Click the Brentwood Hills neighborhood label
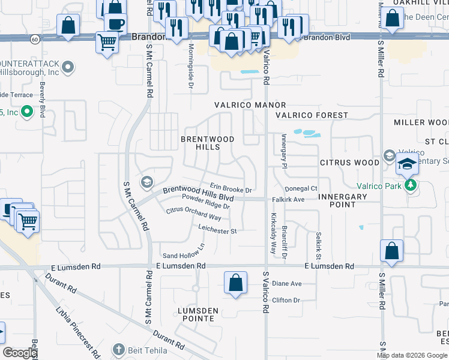(208, 143)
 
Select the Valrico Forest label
(312, 115)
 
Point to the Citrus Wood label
(349, 163)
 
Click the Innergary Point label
(342, 201)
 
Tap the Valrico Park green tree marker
(411, 185)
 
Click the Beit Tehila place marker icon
(119, 349)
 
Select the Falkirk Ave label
(289, 199)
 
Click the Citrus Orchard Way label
(194, 213)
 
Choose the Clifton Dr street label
(285, 300)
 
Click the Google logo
(20, 353)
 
